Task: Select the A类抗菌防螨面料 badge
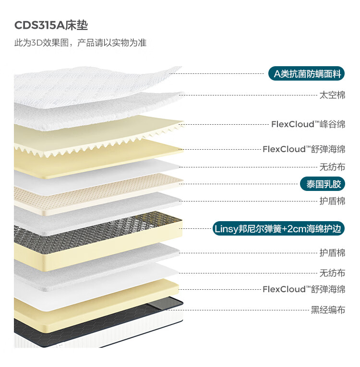coord(307,74)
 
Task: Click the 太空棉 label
coord(332,95)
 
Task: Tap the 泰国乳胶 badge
coord(323,184)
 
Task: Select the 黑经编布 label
coord(328,309)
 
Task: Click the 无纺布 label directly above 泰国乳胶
coord(332,167)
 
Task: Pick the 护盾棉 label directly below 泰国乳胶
coord(332,201)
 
